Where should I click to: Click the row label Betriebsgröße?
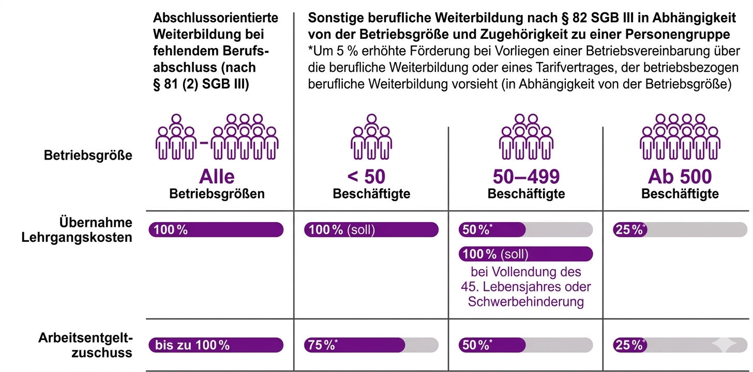(87, 156)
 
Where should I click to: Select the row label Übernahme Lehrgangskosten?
(96, 230)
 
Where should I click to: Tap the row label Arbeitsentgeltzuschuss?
(85, 345)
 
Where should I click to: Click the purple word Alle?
(217, 177)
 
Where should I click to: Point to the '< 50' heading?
(366, 177)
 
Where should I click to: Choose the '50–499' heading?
(526, 177)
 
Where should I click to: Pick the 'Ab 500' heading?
(680, 177)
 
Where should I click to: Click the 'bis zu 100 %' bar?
(216, 345)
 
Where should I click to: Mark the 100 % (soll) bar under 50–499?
(525, 254)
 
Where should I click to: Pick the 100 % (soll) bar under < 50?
(371, 230)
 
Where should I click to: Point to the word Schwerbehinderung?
(525, 302)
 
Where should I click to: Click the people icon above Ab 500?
(680, 136)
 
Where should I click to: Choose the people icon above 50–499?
(526, 136)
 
